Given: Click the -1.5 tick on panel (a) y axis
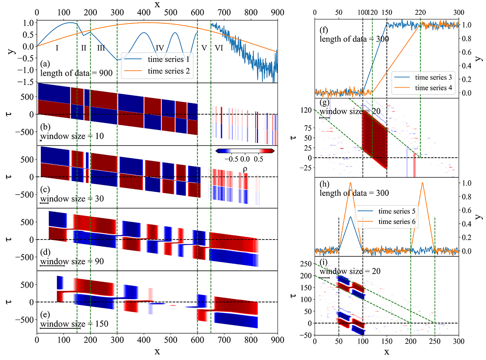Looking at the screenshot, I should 27,83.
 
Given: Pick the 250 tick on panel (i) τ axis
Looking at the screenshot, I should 305,264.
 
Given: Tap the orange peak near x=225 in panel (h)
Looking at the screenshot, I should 422,183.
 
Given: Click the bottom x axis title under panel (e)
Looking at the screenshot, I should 157,351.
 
